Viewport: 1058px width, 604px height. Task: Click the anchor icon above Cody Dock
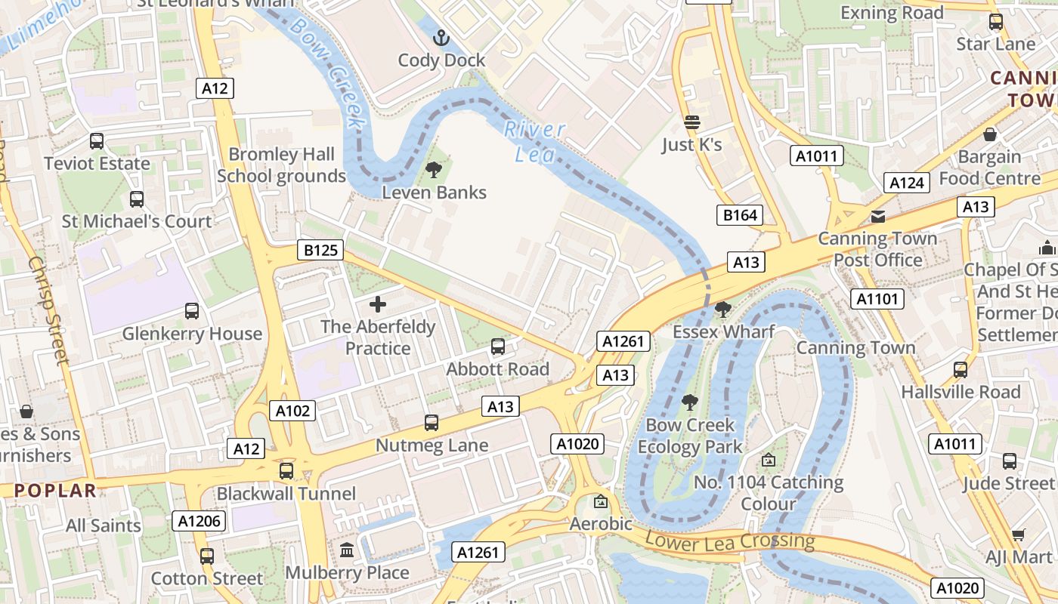click(441, 37)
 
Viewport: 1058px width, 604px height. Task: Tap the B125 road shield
click(320, 250)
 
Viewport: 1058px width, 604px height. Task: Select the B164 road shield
click(740, 215)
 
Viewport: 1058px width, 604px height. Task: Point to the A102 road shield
click(292, 411)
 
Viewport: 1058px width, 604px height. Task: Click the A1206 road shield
click(199, 520)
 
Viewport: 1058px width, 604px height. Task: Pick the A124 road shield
click(906, 183)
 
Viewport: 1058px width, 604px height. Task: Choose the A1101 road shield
click(877, 299)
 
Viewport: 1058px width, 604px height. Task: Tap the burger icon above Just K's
click(692, 122)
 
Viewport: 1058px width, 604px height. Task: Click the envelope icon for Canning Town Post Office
click(877, 217)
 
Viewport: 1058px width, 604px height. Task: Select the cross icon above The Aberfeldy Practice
click(378, 304)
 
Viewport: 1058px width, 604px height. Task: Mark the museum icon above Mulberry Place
click(347, 550)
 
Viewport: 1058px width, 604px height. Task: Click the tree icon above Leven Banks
click(434, 170)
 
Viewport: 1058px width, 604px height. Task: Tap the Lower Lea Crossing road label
click(730, 541)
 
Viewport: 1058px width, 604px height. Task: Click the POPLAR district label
click(55, 490)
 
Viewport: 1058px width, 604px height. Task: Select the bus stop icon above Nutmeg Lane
click(432, 423)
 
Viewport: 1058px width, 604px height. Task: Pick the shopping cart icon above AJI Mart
click(1019, 535)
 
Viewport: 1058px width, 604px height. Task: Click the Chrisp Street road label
click(49, 310)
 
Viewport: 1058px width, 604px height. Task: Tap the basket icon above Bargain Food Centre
click(990, 134)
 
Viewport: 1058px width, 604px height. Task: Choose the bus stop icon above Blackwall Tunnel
click(286, 471)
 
